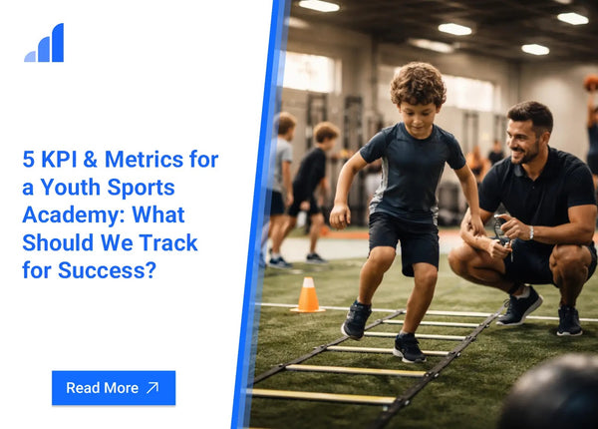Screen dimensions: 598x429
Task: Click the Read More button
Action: pyautogui.click(x=114, y=388)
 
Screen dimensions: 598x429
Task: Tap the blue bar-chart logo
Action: pyautogui.click(x=44, y=42)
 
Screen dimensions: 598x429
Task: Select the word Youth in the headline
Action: pyautogui.click(x=71, y=187)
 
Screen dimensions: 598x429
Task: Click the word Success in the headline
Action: pyautogui.click(x=107, y=270)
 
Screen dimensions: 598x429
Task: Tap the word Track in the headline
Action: pyautogui.click(x=167, y=242)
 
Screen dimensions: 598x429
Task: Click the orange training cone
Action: pyautogui.click(x=308, y=294)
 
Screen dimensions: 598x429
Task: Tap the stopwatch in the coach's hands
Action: pyautogui.click(x=501, y=229)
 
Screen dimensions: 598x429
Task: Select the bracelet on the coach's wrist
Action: pyautogui.click(x=531, y=232)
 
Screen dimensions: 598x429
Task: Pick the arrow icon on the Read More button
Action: pyautogui.click(x=152, y=388)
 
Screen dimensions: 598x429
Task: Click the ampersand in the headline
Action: pyautogui.click(x=90, y=160)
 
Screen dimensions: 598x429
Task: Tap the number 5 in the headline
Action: pyautogui.click(x=29, y=160)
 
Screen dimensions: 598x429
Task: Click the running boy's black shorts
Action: pyautogui.click(x=404, y=242)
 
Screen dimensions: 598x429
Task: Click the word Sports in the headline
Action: pyautogui.click(x=141, y=188)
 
